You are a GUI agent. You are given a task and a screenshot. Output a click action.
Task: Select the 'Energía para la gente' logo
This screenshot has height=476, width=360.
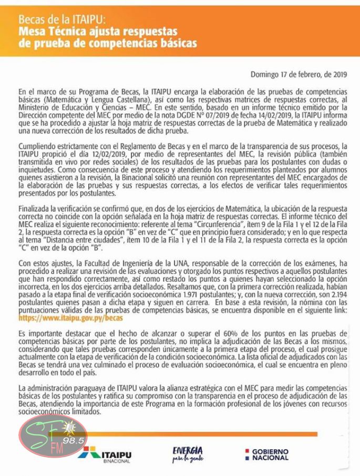click(x=187, y=454)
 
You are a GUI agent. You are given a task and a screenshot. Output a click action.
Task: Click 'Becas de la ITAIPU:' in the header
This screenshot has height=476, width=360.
click(x=62, y=20)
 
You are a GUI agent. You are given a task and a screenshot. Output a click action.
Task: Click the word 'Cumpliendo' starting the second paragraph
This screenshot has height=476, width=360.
click(x=38, y=144)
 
